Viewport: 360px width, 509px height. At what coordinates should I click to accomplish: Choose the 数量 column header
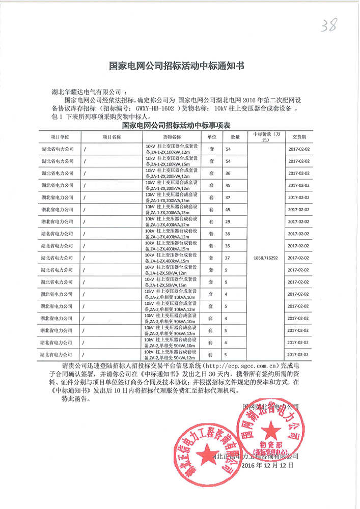pyautogui.click(x=235, y=137)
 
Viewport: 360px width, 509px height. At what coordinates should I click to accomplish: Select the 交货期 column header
pyautogui.click(x=298, y=137)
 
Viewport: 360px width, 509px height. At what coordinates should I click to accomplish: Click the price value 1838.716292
pyautogui.click(x=265, y=258)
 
